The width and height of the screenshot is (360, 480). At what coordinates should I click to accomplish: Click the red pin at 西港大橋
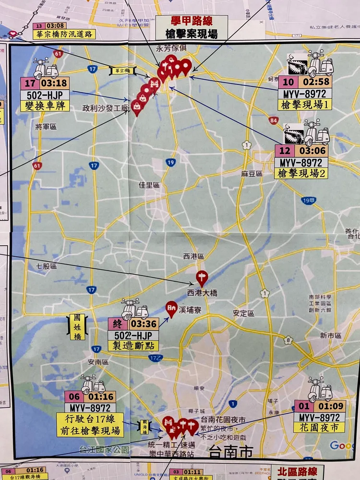coord(203,277)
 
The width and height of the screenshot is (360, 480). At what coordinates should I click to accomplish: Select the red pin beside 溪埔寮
coord(171,308)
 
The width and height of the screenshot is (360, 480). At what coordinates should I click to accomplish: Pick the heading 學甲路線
coord(191,21)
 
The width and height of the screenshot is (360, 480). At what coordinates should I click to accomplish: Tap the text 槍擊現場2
coord(301,173)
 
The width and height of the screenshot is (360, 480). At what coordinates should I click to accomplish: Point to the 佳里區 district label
coord(149,184)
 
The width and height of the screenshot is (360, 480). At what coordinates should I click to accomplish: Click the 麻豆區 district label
coord(252,174)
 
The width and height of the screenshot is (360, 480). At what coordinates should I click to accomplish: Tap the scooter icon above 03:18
coord(46,69)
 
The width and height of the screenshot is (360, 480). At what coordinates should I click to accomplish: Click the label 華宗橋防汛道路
coord(64,34)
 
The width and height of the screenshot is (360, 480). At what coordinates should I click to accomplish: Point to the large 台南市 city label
coord(231,451)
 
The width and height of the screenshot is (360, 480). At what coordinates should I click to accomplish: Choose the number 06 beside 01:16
coord(74,396)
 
